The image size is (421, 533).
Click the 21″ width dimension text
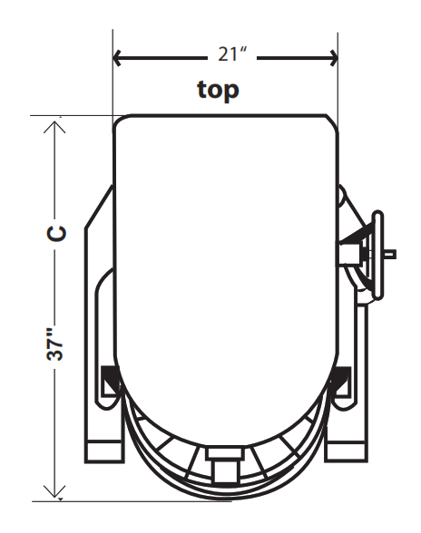click(232, 54)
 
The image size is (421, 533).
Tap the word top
click(218, 90)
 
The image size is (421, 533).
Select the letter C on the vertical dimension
click(56, 233)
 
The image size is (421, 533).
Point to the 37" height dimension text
click(55, 344)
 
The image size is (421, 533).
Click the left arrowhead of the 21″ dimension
click(117, 58)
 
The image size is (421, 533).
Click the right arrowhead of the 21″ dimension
click(334, 58)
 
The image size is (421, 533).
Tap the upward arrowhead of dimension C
click(54, 127)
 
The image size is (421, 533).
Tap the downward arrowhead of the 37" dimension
click(54, 492)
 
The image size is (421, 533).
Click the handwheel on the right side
click(377, 255)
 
